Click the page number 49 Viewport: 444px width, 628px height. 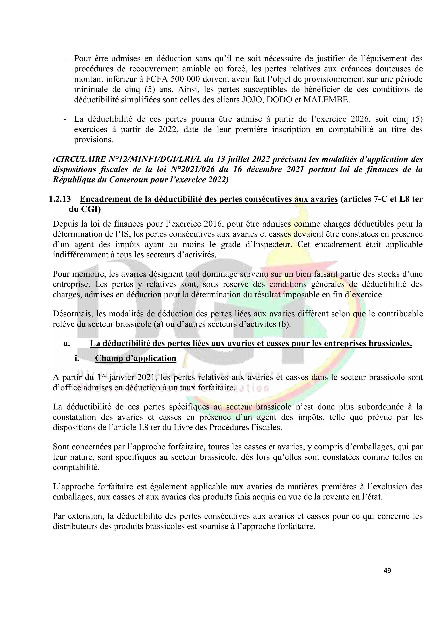click(387, 571)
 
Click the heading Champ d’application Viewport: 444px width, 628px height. click(135, 358)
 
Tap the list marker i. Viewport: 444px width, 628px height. click(77, 358)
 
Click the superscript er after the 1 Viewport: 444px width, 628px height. click(104, 375)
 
